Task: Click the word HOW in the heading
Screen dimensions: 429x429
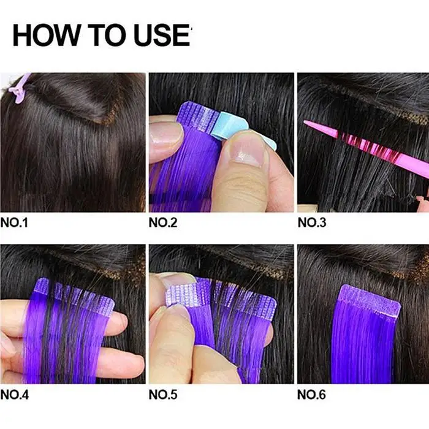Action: point(46,36)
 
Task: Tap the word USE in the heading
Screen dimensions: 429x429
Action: point(161,36)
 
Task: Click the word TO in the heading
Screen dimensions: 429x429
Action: point(107,36)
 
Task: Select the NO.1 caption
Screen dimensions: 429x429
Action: point(14,222)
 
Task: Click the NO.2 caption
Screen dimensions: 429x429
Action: point(163,222)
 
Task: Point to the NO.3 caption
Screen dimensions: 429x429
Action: point(312,222)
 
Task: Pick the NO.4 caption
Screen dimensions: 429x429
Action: point(15,395)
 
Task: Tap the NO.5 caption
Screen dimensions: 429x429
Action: point(163,395)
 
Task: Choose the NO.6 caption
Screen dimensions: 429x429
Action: point(312,395)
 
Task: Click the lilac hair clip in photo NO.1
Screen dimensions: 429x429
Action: point(19,88)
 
